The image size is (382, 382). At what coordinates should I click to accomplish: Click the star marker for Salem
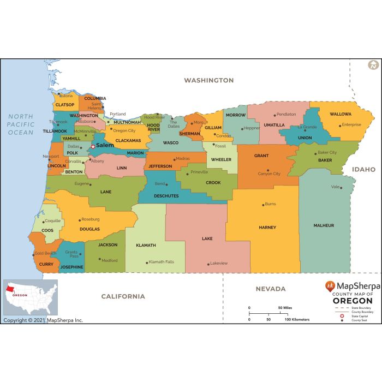pyautogui.click(x=93, y=146)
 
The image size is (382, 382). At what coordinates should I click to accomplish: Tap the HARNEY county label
pyautogui.click(x=267, y=228)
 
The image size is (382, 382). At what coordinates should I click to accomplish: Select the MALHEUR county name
pyautogui.click(x=324, y=225)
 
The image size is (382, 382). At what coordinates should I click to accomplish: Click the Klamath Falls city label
pyautogui.click(x=162, y=262)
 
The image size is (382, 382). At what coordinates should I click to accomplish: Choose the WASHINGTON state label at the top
pyautogui.click(x=208, y=80)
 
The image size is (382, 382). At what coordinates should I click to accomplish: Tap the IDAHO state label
pyautogui.click(x=363, y=170)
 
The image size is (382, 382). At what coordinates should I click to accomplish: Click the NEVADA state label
pyautogui.click(x=271, y=289)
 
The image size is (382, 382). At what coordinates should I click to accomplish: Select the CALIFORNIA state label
pyautogui.click(x=123, y=296)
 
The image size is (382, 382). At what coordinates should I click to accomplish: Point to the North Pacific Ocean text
pyautogui.click(x=21, y=124)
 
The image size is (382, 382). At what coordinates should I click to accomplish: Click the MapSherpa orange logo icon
pyautogui.click(x=330, y=285)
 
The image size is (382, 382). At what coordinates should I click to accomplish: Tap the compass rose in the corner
pyautogui.click(x=373, y=65)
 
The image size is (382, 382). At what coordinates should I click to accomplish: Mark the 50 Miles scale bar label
pyautogui.click(x=284, y=308)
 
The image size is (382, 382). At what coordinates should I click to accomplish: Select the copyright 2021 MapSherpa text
pyautogui.click(x=43, y=320)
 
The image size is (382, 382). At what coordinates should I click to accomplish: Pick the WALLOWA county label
pyautogui.click(x=341, y=115)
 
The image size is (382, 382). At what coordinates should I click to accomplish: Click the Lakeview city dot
pyautogui.click(x=208, y=264)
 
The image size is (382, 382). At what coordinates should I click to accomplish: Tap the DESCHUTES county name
pyautogui.click(x=166, y=195)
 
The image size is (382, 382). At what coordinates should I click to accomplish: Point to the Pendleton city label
pyautogui.click(x=286, y=115)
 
